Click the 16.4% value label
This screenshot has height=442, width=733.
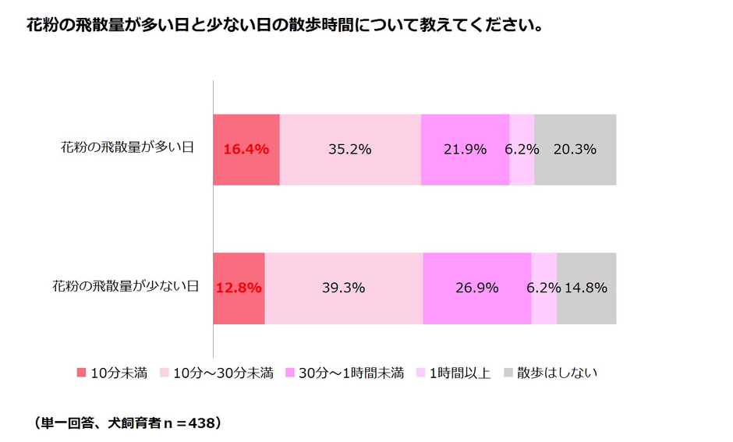coord(246,149)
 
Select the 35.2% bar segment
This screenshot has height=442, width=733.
coord(350,149)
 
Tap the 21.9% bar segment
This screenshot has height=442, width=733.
coord(465,149)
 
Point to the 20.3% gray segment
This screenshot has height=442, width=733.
coord(576,149)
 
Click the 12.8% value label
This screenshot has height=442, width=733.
coord(239,288)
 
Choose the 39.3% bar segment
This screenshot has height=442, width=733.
coord(344,288)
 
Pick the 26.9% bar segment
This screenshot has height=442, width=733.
coord(476,288)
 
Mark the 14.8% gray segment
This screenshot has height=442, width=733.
coord(586,288)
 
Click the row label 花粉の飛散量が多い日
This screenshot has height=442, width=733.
coord(127,147)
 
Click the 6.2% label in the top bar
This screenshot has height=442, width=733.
coord(522,149)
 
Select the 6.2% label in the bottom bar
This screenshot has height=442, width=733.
coord(544,288)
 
